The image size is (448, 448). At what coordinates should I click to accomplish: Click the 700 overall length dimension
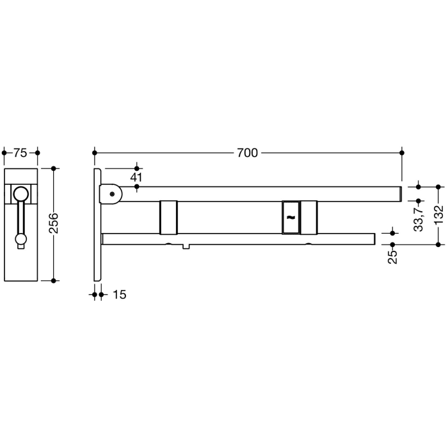[247, 153]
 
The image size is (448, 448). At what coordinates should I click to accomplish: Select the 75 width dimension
[20, 153]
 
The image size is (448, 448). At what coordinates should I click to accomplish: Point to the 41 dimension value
[136, 176]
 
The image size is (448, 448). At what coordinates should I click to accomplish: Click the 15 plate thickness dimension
[119, 295]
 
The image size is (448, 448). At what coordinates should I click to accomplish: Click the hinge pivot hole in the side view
[113, 193]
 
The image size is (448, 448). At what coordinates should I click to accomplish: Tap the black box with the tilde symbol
[290, 218]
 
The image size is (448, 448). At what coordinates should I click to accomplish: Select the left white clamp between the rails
[169, 218]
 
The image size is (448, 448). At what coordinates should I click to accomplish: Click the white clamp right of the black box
[308, 218]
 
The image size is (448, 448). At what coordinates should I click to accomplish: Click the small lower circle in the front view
[20, 239]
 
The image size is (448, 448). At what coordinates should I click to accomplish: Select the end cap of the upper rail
[399, 193]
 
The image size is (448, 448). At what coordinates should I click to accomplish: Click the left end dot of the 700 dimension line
[95, 153]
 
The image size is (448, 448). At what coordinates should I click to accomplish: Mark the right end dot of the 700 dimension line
[402, 153]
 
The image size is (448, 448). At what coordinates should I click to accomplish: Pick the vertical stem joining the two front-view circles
[20, 218]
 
